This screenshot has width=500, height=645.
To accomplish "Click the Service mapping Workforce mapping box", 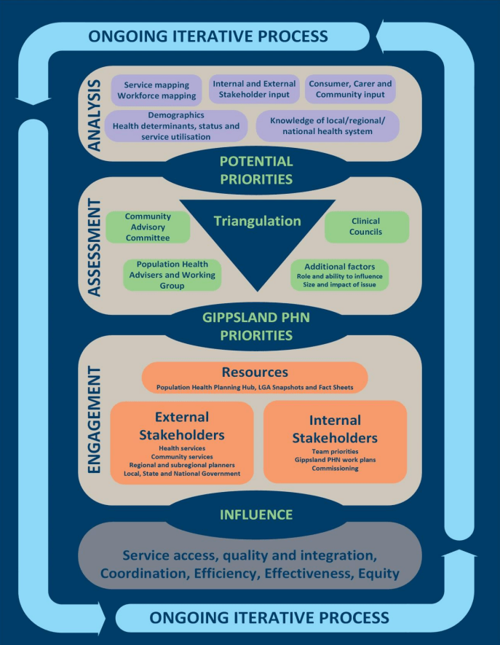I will [x=159, y=90].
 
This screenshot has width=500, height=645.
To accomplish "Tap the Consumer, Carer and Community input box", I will [x=349, y=89].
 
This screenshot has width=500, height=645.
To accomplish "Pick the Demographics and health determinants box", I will [x=175, y=125].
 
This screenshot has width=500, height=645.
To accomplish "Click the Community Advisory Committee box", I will [x=148, y=227].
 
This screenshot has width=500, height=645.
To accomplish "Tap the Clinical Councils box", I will [x=366, y=227].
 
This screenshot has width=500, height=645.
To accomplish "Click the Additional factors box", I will [x=339, y=275].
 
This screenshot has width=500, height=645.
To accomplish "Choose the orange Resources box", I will [x=254, y=378].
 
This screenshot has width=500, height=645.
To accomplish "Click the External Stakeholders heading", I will [x=182, y=426].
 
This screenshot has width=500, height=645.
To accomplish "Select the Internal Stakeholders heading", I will [x=335, y=429].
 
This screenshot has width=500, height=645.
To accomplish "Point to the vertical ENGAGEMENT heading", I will [x=95, y=419].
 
